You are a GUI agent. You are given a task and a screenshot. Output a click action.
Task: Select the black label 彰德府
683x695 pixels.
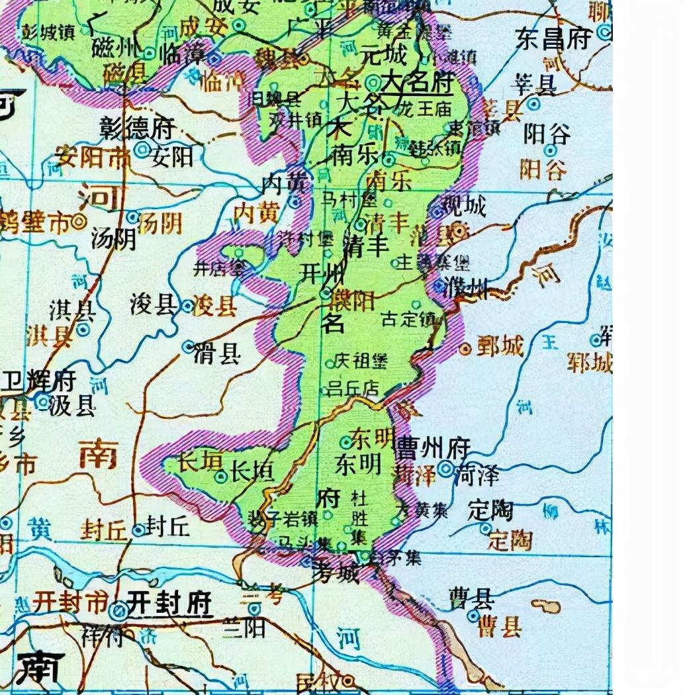pos(137,128)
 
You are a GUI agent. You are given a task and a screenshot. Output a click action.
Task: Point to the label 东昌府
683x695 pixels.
pos(553,38)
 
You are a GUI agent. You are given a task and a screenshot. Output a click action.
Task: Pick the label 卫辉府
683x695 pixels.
pos(39,380)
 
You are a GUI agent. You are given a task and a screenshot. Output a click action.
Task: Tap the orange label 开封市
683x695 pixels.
pos(69,602)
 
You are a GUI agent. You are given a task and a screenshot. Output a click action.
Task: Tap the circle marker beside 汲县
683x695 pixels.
pos(43,401)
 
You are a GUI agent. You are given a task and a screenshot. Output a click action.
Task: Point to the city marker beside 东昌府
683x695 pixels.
pos(603,31)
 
